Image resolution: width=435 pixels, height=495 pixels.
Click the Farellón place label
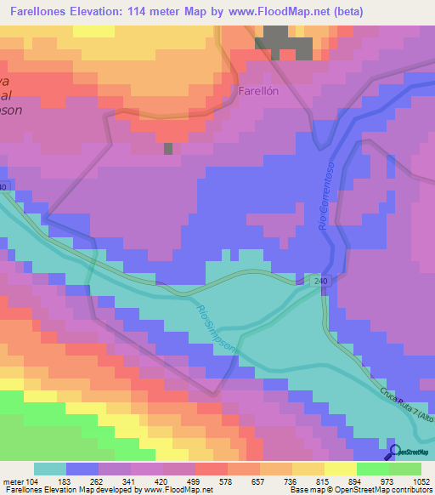pyautogui.click(x=259, y=90)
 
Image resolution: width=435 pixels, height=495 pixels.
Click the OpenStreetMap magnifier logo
pyautogui.click(x=394, y=452)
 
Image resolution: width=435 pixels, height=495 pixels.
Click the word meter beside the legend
pyautogui.click(x=13, y=481)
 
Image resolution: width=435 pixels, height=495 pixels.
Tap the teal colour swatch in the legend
pyautogui.click(x=50, y=469)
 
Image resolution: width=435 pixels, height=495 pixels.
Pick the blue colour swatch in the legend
pyautogui.click(x=83, y=469)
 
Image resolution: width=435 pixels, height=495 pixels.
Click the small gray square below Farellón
pyautogui.click(x=168, y=148)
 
